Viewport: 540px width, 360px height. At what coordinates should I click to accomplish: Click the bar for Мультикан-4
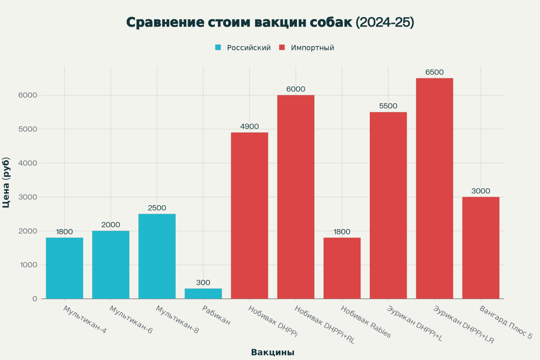click(x=64, y=268)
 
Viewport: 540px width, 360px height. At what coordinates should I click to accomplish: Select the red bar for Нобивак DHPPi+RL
click(x=296, y=197)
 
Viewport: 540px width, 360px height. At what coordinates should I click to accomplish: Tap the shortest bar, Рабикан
click(x=203, y=293)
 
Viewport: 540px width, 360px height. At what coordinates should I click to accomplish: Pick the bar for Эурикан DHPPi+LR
click(x=434, y=189)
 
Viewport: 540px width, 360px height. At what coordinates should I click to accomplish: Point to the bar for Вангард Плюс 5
click(x=481, y=248)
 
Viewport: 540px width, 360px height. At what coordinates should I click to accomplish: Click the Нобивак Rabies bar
click(x=342, y=268)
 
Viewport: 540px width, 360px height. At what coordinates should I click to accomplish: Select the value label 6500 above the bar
click(x=434, y=72)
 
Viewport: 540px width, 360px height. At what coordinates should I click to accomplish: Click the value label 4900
click(x=249, y=126)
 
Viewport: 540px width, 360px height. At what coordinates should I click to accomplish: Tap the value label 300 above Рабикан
click(x=203, y=283)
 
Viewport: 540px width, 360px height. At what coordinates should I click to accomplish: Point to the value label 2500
click(x=157, y=208)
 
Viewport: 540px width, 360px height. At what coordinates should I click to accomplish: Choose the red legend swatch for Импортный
click(x=282, y=48)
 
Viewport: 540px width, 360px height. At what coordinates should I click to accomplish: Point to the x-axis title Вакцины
click(x=273, y=352)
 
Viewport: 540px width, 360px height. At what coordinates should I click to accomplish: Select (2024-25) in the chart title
click(x=385, y=22)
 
